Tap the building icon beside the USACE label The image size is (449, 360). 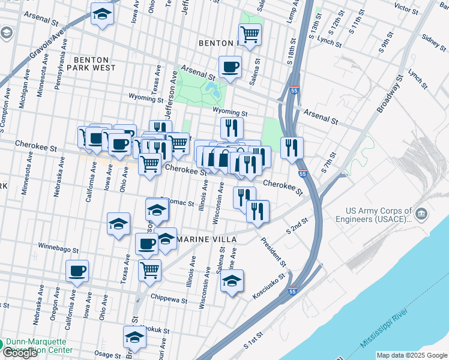[422, 214]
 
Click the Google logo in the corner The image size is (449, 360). [20, 353]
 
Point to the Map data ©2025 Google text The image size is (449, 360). [411, 355]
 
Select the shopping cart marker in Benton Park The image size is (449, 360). [250, 34]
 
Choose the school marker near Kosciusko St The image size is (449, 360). [232, 281]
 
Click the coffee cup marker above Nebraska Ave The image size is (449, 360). [77, 271]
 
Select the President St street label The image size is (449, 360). [273, 253]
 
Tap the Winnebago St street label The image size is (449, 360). [58, 248]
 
